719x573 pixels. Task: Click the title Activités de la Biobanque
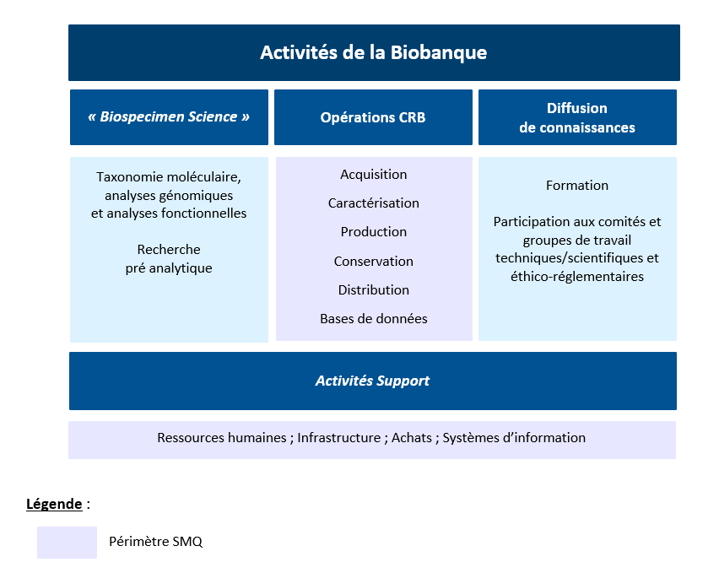(373, 52)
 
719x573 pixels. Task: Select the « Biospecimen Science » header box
(169, 116)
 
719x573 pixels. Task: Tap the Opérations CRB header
(373, 117)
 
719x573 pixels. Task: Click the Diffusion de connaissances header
(577, 117)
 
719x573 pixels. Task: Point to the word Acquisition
(373, 175)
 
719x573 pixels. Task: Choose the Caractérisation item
(373, 203)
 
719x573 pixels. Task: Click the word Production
(373, 232)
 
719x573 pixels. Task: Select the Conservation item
(373, 262)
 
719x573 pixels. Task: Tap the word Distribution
(373, 290)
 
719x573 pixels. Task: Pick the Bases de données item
(373, 319)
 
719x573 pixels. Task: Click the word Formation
(577, 186)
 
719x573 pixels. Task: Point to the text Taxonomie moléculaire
(169, 177)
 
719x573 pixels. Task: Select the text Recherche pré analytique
(169, 259)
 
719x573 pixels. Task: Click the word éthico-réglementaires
(577, 277)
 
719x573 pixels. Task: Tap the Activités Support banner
(372, 381)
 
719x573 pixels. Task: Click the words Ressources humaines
(221, 438)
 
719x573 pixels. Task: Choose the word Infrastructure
(338, 438)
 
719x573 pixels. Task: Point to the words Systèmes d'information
(514, 438)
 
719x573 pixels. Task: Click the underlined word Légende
(54, 505)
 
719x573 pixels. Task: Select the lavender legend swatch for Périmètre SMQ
(67, 542)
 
